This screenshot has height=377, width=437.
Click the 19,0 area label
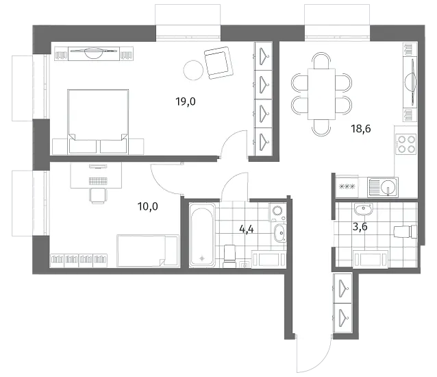click(186, 101)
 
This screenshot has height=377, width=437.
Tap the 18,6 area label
click(361, 129)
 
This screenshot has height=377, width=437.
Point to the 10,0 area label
click(148, 206)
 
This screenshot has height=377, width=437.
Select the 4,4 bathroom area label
click(247, 229)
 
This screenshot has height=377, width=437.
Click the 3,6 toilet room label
click(360, 227)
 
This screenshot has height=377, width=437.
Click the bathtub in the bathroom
click(202, 235)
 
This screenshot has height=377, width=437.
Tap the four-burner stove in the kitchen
click(406, 144)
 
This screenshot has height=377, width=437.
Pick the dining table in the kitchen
click(321, 94)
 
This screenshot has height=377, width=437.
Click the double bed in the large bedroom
click(98, 121)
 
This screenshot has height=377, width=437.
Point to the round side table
click(193, 71)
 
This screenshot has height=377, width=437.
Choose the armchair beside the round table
click(218, 63)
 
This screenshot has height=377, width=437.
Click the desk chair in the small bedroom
click(97, 195)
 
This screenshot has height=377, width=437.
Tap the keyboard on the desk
click(98, 181)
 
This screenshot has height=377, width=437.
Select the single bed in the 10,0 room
click(148, 251)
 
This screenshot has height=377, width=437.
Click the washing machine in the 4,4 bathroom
click(277, 212)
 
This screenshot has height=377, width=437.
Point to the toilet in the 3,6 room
click(405, 232)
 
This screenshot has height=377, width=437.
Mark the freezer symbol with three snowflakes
click(347, 187)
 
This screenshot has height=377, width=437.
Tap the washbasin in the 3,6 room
click(364, 209)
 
